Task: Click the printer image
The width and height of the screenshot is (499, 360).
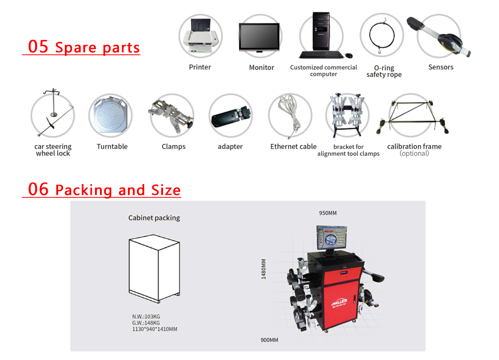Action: click(200, 36)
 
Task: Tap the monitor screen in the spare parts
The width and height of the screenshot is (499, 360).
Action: click(259, 36)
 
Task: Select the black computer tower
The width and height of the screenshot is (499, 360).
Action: click(321, 31)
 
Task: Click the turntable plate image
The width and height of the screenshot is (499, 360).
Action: click(110, 115)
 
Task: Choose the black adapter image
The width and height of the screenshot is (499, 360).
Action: click(231, 117)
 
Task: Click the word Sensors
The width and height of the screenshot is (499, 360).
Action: click(441, 67)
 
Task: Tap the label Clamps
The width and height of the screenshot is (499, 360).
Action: click(173, 147)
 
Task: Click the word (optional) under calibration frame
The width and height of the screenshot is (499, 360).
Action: click(414, 153)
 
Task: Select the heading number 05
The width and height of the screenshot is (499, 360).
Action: click(38, 46)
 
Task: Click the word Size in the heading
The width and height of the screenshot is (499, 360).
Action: click(166, 190)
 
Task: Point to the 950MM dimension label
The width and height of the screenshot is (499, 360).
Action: click(328, 213)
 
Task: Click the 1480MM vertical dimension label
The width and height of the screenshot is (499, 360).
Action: click(263, 269)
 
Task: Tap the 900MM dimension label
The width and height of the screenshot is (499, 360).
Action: click(269, 340)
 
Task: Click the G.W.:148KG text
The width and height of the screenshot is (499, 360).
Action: click(146, 323)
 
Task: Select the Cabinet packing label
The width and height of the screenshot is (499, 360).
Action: click(154, 218)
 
